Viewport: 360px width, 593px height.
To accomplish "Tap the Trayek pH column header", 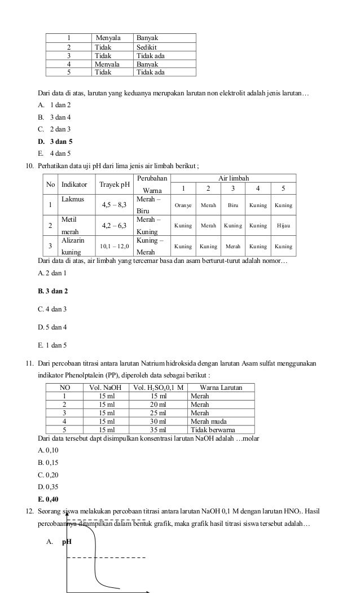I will [x=115, y=185].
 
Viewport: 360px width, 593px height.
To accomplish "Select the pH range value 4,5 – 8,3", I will [x=115, y=205].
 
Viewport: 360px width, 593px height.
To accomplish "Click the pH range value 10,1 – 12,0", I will [x=115, y=247].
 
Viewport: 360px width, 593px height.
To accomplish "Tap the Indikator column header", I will [x=74, y=185].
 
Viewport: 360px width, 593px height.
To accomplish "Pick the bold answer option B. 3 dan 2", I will [x=52, y=292].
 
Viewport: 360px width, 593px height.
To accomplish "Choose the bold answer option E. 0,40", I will [x=48, y=499].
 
